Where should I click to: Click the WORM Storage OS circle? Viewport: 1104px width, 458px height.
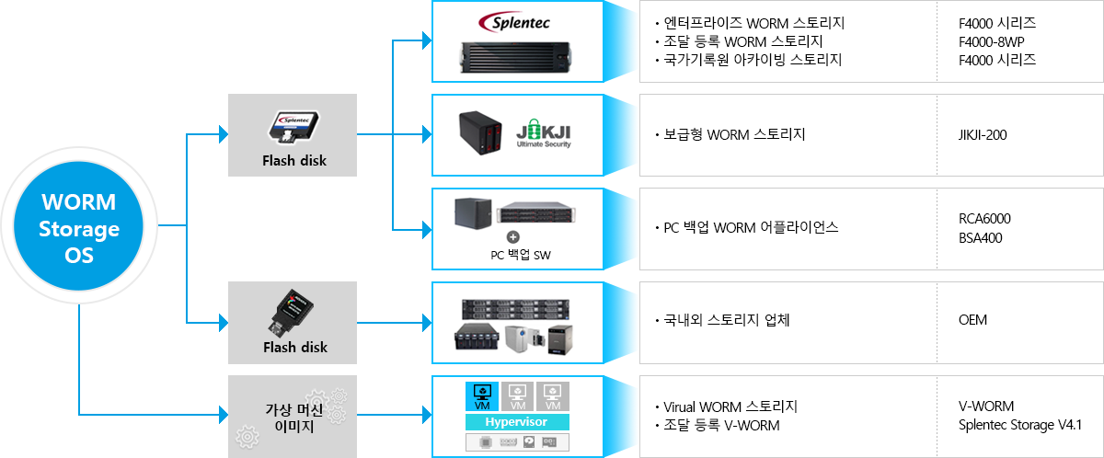[x=79, y=228]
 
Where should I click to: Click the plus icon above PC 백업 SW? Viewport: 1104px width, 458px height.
[x=513, y=237]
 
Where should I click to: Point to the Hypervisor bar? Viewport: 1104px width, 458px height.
[x=517, y=421]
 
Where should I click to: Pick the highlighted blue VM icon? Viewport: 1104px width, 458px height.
[x=481, y=396]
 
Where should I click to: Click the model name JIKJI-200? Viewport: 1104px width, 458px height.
[x=983, y=135]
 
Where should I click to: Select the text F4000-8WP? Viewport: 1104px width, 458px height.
[x=990, y=41]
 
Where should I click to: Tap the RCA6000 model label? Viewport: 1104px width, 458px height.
[x=984, y=219]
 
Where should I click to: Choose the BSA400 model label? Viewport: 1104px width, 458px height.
[x=981, y=237]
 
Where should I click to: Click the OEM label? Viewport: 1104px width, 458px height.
[x=973, y=321]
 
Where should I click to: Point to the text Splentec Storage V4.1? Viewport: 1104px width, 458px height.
[x=1019, y=425]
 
